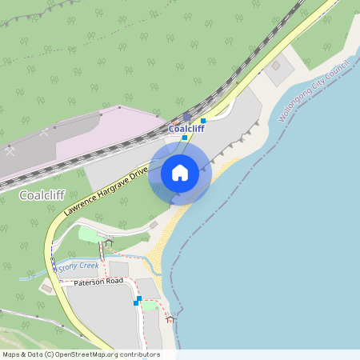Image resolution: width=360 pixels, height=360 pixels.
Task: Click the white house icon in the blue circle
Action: click(180, 172)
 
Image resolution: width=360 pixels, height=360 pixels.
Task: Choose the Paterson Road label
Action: click(98, 282)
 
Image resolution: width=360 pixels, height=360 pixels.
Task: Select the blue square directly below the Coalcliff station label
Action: click(184, 138)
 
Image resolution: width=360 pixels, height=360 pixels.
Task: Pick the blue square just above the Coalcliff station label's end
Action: click(203, 121)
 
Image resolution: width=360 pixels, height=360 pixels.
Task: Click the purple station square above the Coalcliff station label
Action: click(186, 117)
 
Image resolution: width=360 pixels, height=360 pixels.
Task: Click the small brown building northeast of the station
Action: click(276, 66)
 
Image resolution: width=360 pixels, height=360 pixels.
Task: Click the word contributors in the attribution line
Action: click(138, 354)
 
